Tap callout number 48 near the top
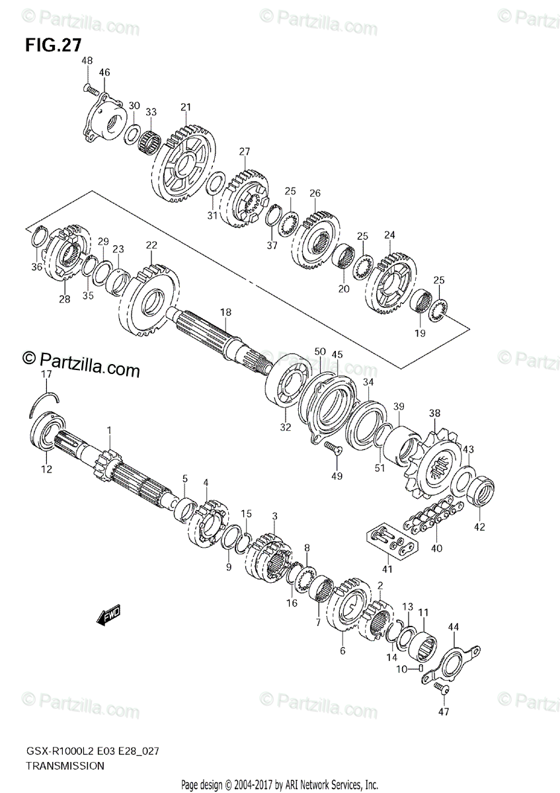pyautogui.click(x=87, y=61)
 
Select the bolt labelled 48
pyautogui.click(x=91, y=88)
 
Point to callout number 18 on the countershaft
pyautogui.click(x=226, y=312)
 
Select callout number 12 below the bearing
pyautogui.click(x=46, y=469)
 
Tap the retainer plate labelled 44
pyautogui.click(x=452, y=665)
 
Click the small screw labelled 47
pyautogui.click(x=442, y=690)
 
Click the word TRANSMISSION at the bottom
pyautogui.click(x=65, y=766)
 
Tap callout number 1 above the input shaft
pyautogui.click(x=110, y=430)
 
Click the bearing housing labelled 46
pyautogui.click(x=106, y=121)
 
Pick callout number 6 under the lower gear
pyautogui.click(x=342, y=651)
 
